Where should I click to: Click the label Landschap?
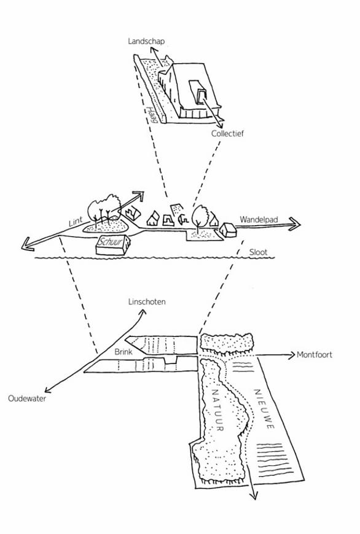(147, 41)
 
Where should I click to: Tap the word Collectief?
(227, 133)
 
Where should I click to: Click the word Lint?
(76, 222)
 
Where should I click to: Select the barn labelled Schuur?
(113, 244)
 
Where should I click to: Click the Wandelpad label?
(259, 219)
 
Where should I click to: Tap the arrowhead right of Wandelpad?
(294, 224)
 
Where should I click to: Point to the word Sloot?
(258, 252)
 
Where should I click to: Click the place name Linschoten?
(147, 302)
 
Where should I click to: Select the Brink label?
(123, 352)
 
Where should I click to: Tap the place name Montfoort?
(315, 355)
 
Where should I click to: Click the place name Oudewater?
(27, 398)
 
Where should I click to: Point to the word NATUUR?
(218, 410)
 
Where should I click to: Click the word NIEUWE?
(265, 409)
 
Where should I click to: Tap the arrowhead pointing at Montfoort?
(291, 355)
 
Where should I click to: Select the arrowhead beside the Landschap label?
(153, 48)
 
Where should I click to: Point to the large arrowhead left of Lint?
(27, 244)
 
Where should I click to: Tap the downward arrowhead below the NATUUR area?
(253, 495)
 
